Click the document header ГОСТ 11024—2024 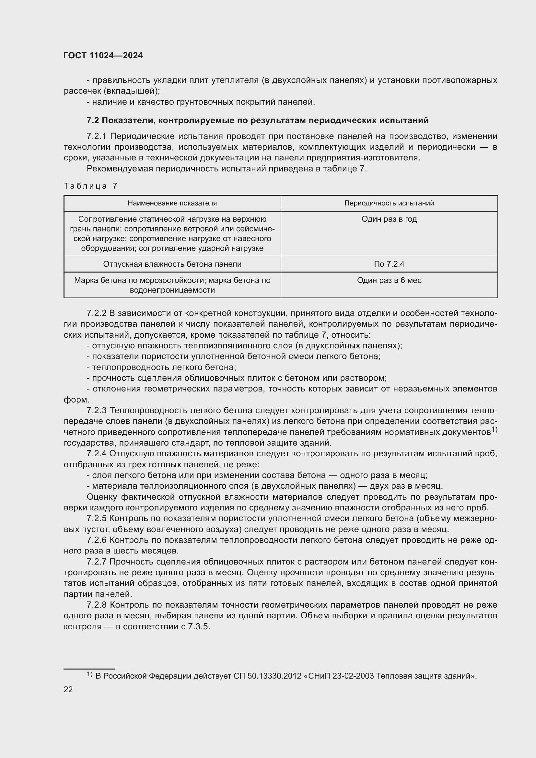[x=103, y=55]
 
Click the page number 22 [x=68, y=689]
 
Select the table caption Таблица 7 [x=90, y=186]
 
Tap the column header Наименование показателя [x=172, y=203]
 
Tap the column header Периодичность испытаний [x=389, y=203]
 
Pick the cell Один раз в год [x=389, y=219]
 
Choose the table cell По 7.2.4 [x=389, y=264]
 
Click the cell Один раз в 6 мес [x=389, y=280]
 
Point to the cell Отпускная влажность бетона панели [x=172, y=264]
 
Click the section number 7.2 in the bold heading [x=93, y=121]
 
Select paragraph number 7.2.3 [x=97, y=410]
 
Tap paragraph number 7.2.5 [x=97, y=519]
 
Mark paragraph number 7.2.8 [x=97, y=605]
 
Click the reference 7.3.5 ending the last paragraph [x=199, y=627]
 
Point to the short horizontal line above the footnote [x=89, y=669]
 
